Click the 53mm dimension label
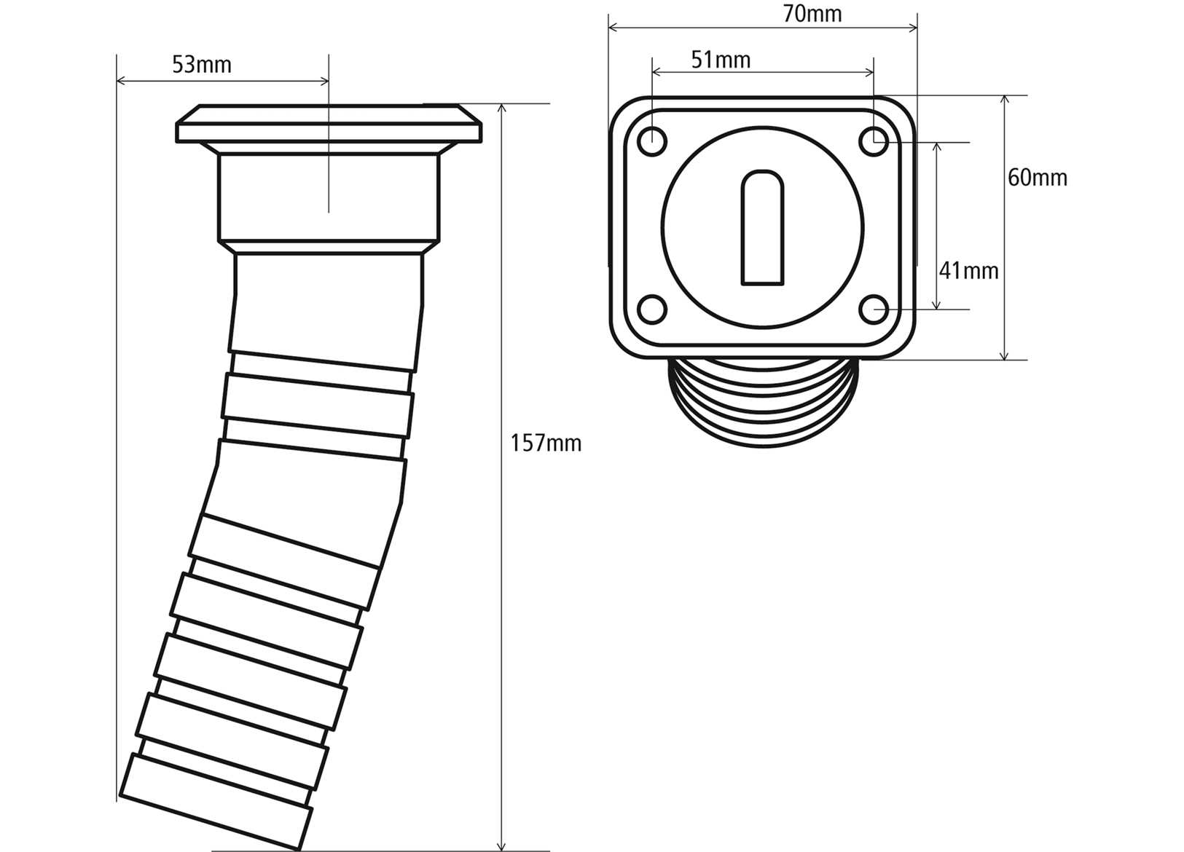[x=202, y=66]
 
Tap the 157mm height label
[x=546, y=443]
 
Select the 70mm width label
[x=812, y=14]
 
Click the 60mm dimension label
[x=1037, y=178]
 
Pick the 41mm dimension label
[x=968, y=271]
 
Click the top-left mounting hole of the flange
[x=652, y=141]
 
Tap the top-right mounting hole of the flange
[x=874, y=141]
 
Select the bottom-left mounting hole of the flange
[x=652, y=310]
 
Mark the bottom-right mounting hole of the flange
[x=874, y=310]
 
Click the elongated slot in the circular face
[x=763, y=227]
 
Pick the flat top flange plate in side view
[x=329, y=124]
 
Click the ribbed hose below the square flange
[x=763, y=404]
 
